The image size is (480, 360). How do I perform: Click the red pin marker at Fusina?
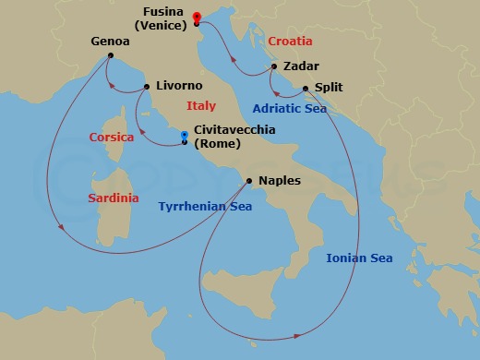tap(197, 17)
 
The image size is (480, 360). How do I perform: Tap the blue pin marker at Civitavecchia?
tap(185, 136)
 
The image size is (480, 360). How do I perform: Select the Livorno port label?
tap(179, 86)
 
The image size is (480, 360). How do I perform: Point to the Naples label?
tap(280, 181)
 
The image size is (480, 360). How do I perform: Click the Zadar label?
tap(302, 66)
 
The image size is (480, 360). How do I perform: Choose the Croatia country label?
tap(290, 42)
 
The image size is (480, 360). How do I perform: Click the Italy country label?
tap(200, 105)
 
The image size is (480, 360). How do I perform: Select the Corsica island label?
tap(112, 138)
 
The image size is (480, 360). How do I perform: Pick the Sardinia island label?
tap(114, 198)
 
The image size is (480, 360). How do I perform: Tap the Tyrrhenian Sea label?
tap(204, 208)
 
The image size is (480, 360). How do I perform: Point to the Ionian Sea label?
tap(359, 258)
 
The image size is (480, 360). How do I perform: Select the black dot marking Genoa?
tap(110, 55)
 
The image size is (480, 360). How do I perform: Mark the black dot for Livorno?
tap(148, 87)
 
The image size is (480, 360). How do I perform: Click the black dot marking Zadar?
tap(274, 66)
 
